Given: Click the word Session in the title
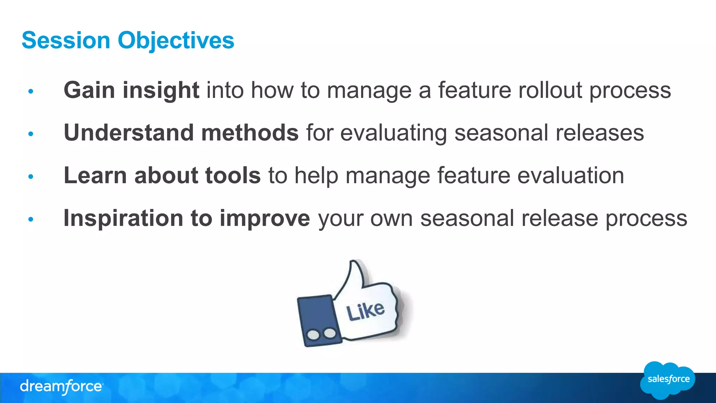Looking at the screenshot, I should [x=66, y=40].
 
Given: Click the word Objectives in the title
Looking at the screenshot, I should [x=176, y=41].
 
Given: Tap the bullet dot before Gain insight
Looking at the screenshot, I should [x=31, y=91].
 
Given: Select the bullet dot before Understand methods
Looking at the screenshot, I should [x=31, y=134].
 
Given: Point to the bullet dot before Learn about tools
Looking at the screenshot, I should [x=31, y=176].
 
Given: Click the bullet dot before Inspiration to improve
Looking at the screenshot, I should [x=31, y=219].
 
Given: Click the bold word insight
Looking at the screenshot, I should [x=161, y=90].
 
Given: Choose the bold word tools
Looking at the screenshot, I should [x=233, y=175].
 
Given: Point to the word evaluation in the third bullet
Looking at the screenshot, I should [x=571, y=176].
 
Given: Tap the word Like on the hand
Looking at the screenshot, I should [x=365, y=310].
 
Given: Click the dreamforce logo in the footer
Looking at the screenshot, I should [x=62, y=387].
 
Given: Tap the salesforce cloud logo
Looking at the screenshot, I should [x=668, y=380].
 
